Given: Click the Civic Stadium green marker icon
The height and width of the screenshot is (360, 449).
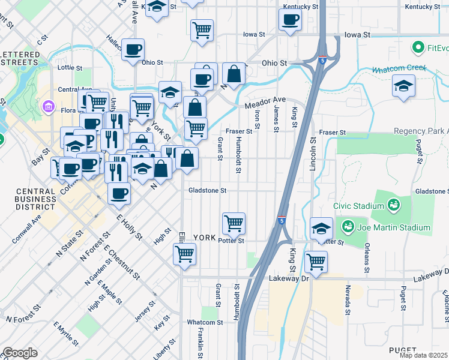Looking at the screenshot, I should tap(393, 205).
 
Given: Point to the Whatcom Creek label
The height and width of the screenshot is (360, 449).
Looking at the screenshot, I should tap(397, 70).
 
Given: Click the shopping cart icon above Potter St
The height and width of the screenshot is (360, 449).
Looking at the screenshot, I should tap(234, 223).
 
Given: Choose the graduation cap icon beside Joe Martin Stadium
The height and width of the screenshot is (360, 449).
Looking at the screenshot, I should tap(321, 228).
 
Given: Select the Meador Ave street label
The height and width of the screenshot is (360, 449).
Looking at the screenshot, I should tap(265, 103).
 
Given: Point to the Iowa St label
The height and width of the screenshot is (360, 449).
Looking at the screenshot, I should tap(254, 34).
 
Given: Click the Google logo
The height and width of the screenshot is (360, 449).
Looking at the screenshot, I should tap(20, 353).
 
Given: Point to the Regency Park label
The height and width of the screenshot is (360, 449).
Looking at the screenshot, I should tap(421, 131).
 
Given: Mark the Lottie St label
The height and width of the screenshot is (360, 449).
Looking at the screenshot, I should tap(69, 68).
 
